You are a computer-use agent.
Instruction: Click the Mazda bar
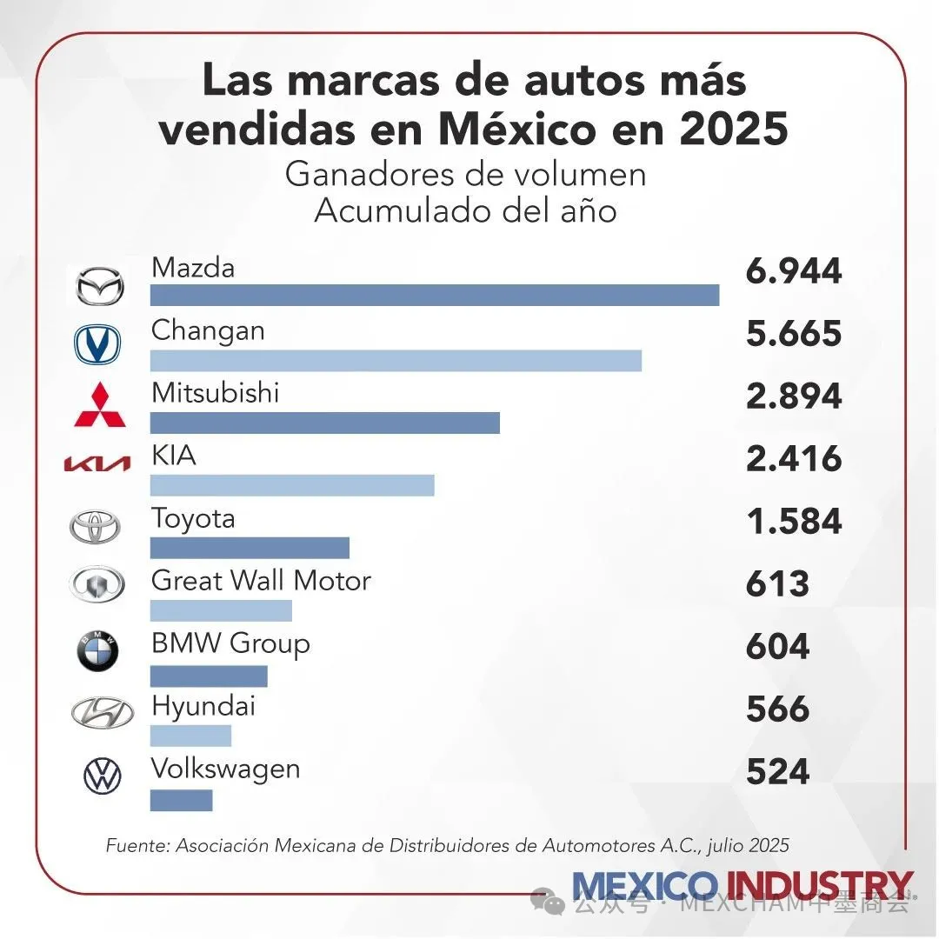tap(435, 295)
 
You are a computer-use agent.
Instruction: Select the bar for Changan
tap(396, 360)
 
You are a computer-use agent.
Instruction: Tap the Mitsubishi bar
tap(325, 423)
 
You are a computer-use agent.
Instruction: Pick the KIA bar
tap(292, 485)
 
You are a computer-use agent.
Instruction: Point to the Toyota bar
tap(250, 548)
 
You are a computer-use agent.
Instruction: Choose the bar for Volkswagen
tap(181, 800)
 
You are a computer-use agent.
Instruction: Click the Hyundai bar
tap(190, 736)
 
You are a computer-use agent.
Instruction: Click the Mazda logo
tap(97, 286)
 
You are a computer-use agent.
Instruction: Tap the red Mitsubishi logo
tap(98, 405)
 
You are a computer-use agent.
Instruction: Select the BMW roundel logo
tap(97, 652)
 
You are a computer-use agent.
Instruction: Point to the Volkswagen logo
tap(103, 776)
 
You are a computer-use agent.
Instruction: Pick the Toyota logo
tap(97, 527)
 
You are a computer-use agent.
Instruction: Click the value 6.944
tap(793, 271)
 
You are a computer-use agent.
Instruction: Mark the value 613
tap(777, 584)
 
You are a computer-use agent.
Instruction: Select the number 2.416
tap(793, 459)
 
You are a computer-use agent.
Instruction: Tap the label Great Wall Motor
tap(261, 580)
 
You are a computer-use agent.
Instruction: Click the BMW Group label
tap(230, 643)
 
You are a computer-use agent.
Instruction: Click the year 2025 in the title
tap(734, 129)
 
